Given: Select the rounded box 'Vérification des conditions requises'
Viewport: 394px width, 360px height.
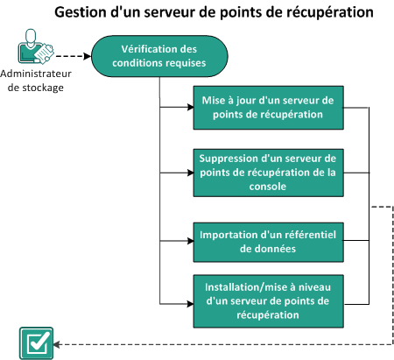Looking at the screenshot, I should click(158, 55).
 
